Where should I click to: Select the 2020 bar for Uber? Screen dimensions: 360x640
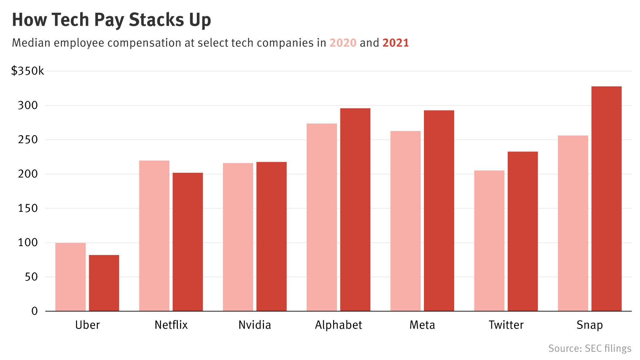pyautogui.click(x=70, y=277)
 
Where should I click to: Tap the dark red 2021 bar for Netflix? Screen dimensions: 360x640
pyautogui.click(x=188, y=242)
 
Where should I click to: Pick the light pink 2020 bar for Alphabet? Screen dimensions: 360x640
pyautogui.click(x=321, y=217)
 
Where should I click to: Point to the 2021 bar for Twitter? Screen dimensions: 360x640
pyautogui.click(x=522, y=231)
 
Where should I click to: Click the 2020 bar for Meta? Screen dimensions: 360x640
pyautogui.click(x=405, y=221)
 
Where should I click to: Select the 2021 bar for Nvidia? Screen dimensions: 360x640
pyautogui.click(x=271, y=236)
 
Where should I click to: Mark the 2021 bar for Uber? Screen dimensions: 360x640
pyautogui.click(x=104, y=283)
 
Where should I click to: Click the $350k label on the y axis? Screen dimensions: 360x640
pyautogui.click(x=28, y=71)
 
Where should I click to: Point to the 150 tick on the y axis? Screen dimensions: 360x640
pyautogui.click(x=28, y=208)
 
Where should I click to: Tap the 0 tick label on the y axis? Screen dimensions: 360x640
pyautogui.click(x=34, y=311)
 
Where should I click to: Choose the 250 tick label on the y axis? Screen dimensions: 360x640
pyautogui.click(x=28, y=140)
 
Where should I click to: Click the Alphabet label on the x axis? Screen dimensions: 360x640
pyautogui.click(x=338, y=325)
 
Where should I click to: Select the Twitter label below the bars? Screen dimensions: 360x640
pyautogui.click(x=506, y=325)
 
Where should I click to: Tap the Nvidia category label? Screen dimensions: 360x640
pyautogui.click(x=255, y=325)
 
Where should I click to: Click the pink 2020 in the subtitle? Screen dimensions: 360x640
pyautogui.click(x=343, y=43)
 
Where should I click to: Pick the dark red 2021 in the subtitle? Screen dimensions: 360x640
pyautogui.click(x=396, y=43)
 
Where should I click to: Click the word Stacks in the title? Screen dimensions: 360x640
pyautogui.click(x=152, y=20)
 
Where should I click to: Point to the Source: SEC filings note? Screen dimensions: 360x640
pyautogui.click(x=589, y=348)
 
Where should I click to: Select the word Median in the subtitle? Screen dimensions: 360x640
pyautogui.click(x=31, y=43)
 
